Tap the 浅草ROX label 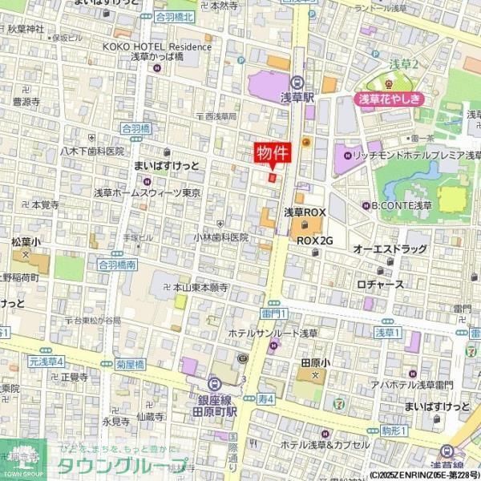pos(305,212)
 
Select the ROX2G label pos(314,240)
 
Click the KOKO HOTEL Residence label pos(156,46)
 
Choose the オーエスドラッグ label pos(390,249)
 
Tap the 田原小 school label pos(309,362)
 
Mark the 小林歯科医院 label pos(220,237)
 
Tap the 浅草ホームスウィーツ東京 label pos(148,192)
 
